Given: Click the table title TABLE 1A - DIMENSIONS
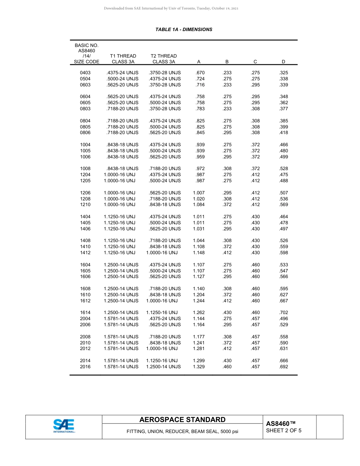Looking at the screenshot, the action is tap(184, 30).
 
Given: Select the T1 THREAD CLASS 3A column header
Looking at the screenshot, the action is tap(123, 59).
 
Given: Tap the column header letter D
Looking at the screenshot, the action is tap(283, 62).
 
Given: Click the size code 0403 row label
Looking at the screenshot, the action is tap(85, 73).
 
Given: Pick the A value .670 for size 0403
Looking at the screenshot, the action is tap(200, 73).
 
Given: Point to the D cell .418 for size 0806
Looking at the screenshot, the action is tap(283, 133).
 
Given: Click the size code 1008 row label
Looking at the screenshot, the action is tap(85, 169).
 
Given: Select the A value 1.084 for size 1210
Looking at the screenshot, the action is tap(199, 205).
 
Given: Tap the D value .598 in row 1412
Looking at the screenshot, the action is tap(283, 253).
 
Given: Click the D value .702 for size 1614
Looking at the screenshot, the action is tap(283, 313).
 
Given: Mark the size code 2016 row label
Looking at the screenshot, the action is tap(85, 367).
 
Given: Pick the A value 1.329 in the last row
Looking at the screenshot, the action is tap(199, 367).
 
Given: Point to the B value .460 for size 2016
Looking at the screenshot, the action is tap(227, 367).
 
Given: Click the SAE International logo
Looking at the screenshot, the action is tap(64, 426).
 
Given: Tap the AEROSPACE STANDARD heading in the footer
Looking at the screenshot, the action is tap(182, 420).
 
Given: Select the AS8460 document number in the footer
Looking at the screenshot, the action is tap(280, 424).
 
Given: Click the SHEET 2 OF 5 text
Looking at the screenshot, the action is tap(284, 430).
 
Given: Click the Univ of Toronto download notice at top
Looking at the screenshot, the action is tap(171, 8).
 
